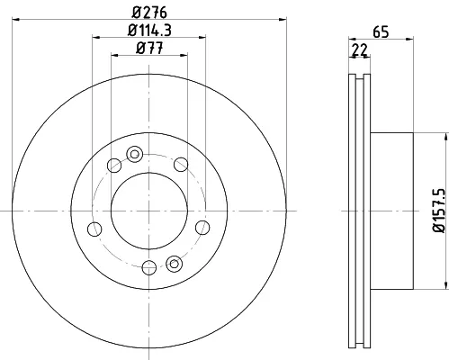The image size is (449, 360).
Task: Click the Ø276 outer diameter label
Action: (x=149, y=13)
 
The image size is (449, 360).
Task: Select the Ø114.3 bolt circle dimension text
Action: (x=149, y=31)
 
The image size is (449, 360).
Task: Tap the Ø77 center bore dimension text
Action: (x=149, y=48)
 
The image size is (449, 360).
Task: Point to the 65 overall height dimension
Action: (x=381, y=31)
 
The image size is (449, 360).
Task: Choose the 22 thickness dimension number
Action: (x=359, y=49)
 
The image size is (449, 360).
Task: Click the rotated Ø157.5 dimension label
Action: (x=439, y=211)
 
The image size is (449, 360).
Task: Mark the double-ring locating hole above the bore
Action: (x=135, y=154)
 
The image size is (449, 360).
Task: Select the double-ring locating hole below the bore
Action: (x=174, y=264)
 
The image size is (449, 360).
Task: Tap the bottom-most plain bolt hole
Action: (x=149, y=267)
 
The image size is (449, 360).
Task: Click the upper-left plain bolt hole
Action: (x=114, y=166)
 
